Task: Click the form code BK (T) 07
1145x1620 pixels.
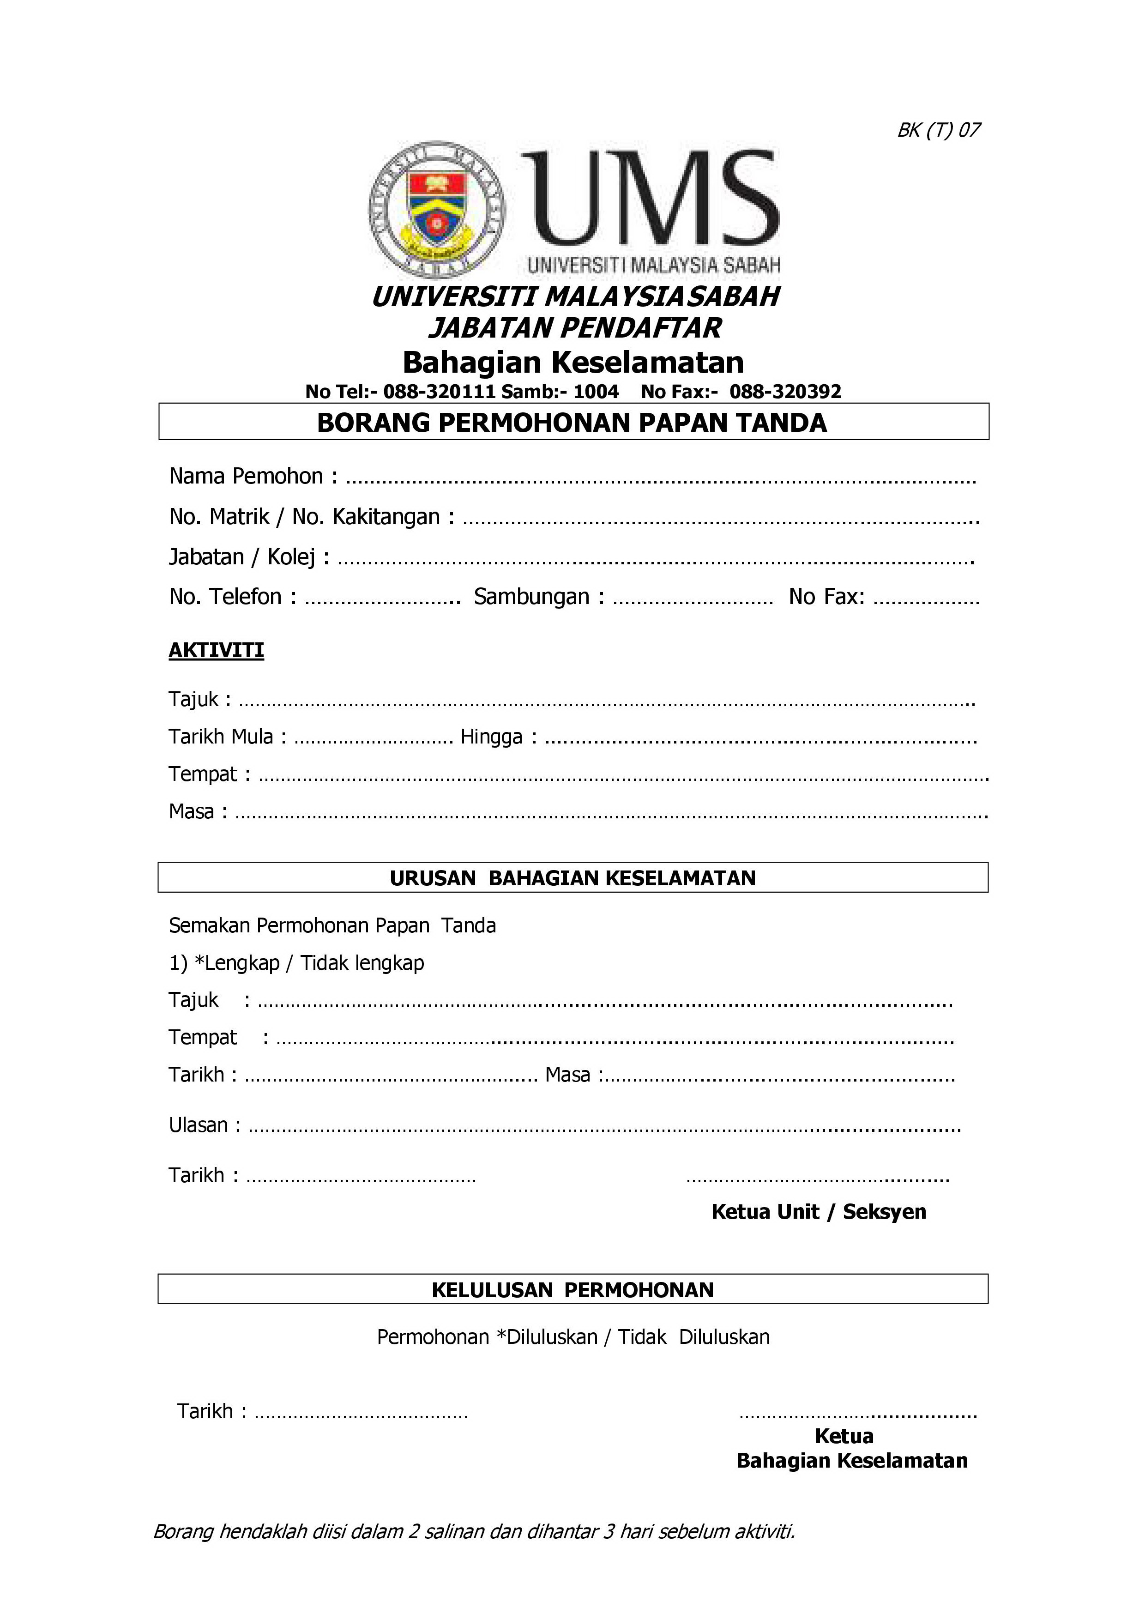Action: point(938,130)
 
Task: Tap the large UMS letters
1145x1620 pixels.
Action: point(649,198)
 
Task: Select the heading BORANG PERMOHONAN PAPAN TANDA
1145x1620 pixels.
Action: point(572,423)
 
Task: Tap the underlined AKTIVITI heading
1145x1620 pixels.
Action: point(216,650)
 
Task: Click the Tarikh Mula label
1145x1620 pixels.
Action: point(220,737)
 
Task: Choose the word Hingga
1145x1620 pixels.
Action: point(492,737)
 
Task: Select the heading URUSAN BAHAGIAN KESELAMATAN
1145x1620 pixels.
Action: point(572,878)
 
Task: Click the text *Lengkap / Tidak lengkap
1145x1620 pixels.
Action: point(309,963)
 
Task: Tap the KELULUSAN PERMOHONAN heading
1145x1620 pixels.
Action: point(572,1290)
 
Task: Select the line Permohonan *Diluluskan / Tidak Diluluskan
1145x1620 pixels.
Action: point(573,1336)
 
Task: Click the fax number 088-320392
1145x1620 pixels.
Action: point(785,392)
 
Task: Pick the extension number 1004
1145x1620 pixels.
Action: point(596,392)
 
